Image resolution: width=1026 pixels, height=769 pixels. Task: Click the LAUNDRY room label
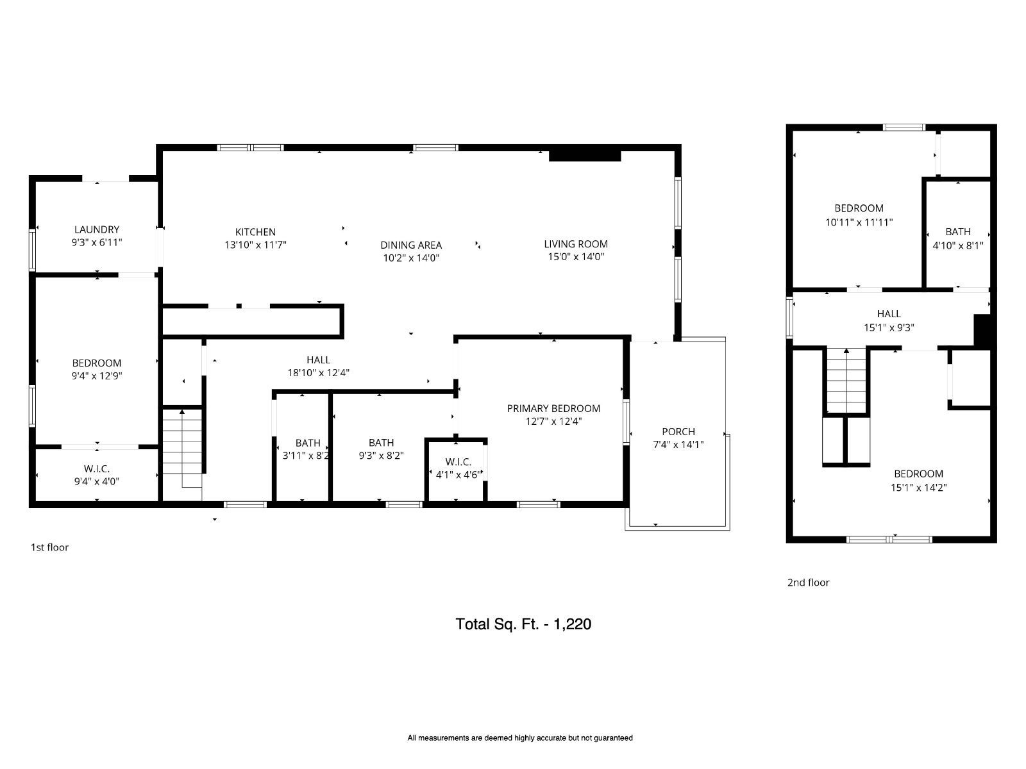point(97,229)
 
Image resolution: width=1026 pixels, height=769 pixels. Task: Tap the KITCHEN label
point(255,231)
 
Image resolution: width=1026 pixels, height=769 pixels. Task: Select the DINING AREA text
point(411,245)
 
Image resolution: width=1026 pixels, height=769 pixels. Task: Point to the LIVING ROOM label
point(576,244)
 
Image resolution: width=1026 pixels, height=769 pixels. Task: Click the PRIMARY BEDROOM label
point(553,408)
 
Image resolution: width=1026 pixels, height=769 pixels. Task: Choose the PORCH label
point(678,431)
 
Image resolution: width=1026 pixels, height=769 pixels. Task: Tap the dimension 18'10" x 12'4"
point(318,372)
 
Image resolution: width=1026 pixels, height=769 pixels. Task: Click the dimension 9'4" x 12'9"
point(97,376)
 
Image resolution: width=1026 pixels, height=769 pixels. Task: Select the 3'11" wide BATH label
point(308,443)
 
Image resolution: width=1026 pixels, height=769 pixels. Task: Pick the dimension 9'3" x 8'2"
point(381,455)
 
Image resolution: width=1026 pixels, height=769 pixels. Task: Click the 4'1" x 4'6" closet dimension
point(458,475)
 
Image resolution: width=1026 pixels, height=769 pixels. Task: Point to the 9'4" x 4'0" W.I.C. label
point(97,469)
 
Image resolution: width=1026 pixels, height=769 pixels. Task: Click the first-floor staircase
point(182,448)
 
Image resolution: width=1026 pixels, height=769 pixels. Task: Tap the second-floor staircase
point(846,381)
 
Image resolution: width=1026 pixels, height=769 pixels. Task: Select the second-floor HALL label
point(889,314)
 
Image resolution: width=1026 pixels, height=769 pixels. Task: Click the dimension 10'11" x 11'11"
point(859,222)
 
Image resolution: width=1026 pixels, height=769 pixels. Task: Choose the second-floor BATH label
point(958,231)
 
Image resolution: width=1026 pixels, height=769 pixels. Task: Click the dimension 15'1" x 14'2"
point(918,488)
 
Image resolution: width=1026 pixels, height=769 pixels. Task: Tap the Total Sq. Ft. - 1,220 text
point(523,624)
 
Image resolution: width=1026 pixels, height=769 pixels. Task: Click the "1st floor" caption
point(49,547)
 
